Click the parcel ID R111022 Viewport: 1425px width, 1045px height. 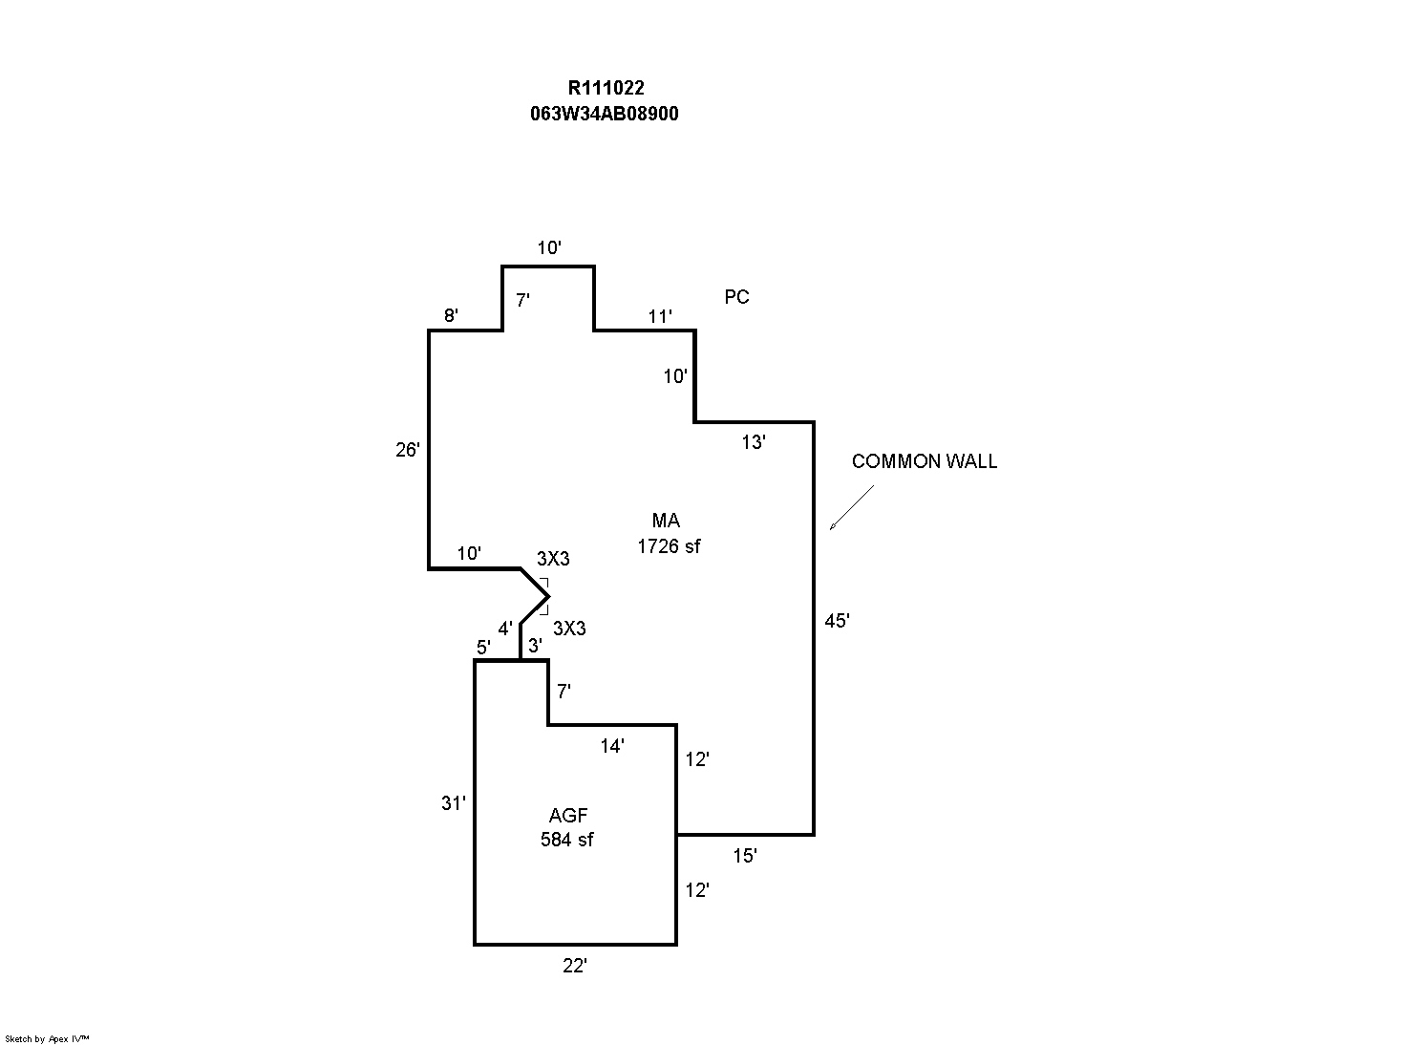point(606,89)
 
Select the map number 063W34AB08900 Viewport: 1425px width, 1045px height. point(605,114)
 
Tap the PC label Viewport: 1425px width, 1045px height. point(736,297)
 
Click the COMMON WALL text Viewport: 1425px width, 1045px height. point(924,461)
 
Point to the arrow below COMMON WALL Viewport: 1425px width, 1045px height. point(851,507)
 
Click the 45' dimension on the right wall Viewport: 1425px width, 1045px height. point(837,621)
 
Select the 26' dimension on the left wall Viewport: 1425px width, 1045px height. point(408,449)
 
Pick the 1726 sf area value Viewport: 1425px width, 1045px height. point(669,546)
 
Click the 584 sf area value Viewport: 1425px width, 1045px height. point(566,840)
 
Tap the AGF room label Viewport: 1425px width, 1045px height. point(568,816)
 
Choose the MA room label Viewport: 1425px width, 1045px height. point(666,521)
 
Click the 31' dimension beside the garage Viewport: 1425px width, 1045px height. point(453,803)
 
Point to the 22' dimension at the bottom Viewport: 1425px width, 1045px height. point(574,966)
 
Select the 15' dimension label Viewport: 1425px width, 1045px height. point(745,856)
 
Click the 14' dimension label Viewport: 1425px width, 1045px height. point(612,746)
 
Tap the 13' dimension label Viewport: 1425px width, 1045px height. point(754,441)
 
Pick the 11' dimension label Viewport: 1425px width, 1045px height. point(660,316)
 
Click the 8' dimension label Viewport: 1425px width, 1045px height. point(451,316)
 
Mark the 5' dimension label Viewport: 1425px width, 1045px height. point(483,648)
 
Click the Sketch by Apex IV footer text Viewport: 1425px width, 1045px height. point(47,1038)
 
